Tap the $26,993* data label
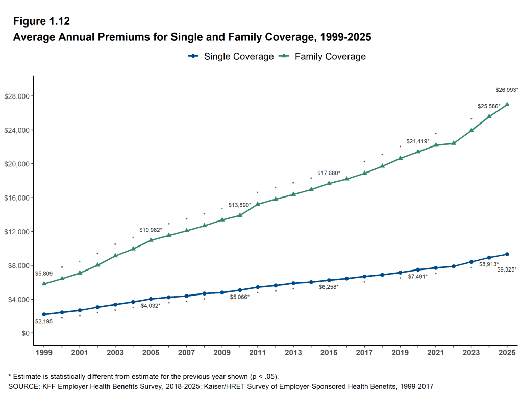(507, 90)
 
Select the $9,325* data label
(507, 269)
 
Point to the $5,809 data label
(43, 274)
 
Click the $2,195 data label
(43, 321)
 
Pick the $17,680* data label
(329, 173)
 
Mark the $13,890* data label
(239, 205)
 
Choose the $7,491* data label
(418, 276)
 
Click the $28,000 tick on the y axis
(17, 96)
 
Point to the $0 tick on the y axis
(24, 333)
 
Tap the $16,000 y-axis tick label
(17, 198)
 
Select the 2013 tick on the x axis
(293, 352)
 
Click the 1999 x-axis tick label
(44, 352)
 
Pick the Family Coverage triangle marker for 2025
(507, 104)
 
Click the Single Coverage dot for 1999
(44, 314)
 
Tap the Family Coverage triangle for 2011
(258, 204)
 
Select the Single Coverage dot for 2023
(471, 262)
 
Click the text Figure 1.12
(41, 21)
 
